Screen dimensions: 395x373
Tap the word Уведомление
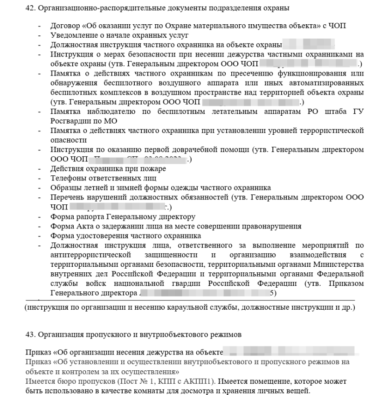[72, 36]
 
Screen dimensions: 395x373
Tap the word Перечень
[67, 196]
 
